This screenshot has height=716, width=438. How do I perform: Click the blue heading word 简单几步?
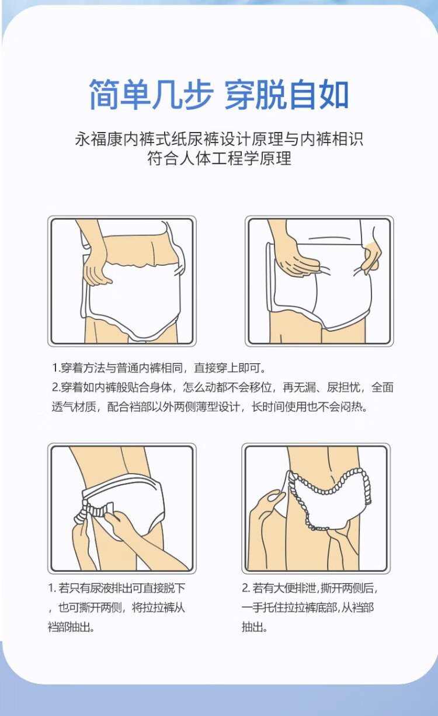tap(151, 94)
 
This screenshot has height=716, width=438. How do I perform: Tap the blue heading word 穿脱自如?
tap(287, 94)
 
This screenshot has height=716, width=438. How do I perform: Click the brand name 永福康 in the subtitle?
tap(99, 139)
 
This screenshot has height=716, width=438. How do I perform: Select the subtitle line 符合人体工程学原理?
tap(219, 158)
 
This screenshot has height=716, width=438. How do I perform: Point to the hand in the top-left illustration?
tap(96, 269)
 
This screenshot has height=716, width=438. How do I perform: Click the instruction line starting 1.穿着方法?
tap(159, 368)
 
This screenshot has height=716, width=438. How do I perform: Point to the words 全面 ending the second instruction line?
tap(382, 387)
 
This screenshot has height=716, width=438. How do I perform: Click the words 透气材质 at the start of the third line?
tap(74, 407)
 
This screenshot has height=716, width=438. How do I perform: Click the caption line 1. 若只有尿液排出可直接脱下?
tap(117, 588)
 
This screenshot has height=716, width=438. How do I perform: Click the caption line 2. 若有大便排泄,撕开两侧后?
tap(310, 588)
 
